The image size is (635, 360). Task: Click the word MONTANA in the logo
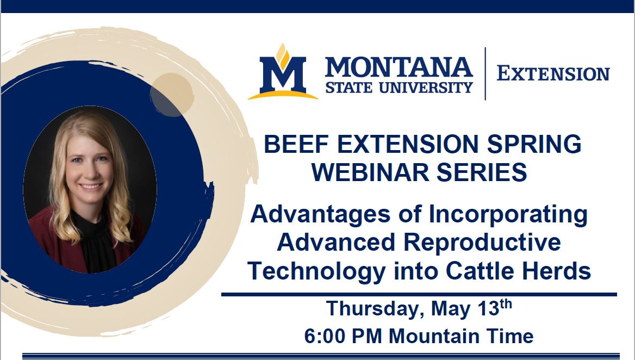(399, 67)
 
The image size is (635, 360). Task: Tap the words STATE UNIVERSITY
(399, 87)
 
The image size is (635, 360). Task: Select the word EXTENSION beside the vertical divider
(553, 74)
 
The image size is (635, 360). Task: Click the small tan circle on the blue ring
(171, 94)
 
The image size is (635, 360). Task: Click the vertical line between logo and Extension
(485, 73)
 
